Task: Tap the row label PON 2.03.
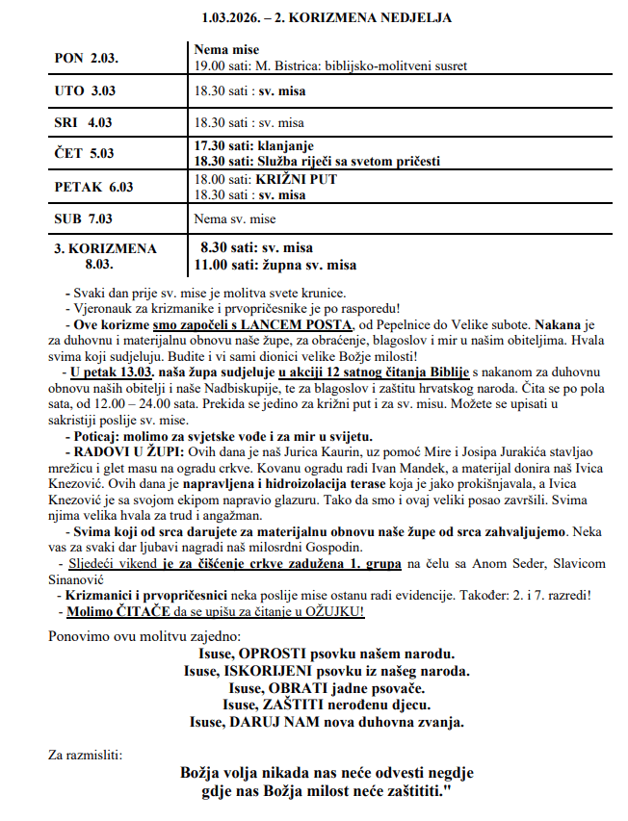[x=86, y=59]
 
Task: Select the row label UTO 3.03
[x=85, y=90]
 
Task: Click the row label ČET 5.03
[x=85, y=153]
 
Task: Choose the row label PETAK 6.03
[x=94, y=187]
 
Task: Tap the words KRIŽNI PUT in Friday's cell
[x=296, y=180]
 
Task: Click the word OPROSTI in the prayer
[x=264, y=654]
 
